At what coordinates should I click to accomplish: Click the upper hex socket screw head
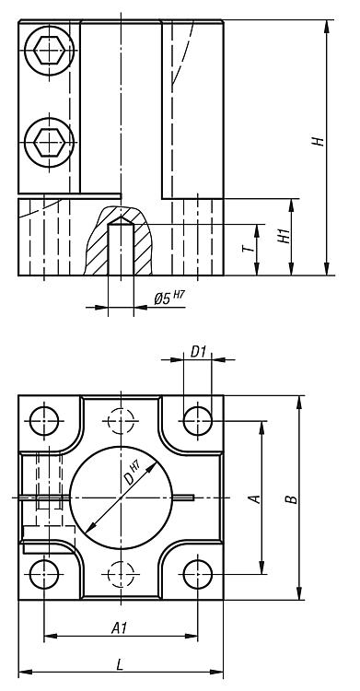click(49, 51)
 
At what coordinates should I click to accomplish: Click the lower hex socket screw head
click(49, 142)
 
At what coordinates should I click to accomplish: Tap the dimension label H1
click(285, 237)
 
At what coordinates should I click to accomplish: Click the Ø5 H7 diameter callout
click(168, 298)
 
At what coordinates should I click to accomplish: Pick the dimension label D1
click(199, 352)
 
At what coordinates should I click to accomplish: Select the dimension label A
click(254, 498)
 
